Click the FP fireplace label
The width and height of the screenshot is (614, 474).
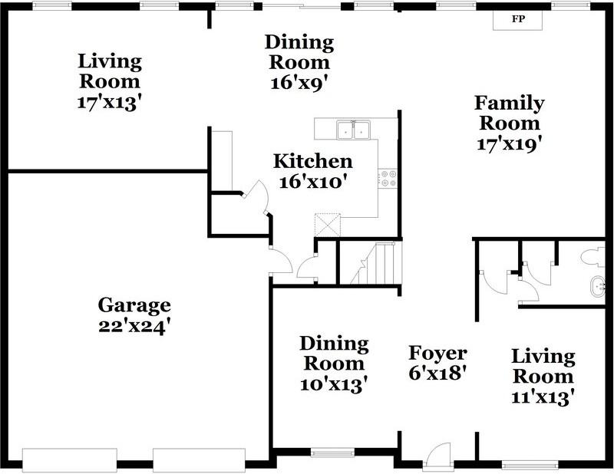click(518, 18)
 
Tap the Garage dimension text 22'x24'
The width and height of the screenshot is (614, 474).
click(135, 326)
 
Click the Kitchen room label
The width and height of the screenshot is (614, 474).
click(313, 161)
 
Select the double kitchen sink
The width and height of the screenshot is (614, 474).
click(354, 130)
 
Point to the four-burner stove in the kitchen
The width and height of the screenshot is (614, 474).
click(388, 178)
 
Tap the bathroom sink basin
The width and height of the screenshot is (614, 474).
click(597, 287)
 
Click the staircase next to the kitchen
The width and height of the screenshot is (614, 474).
click(376, 263)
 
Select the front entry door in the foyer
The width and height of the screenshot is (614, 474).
click(438, 454)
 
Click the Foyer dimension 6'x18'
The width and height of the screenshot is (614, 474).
click(437, 373)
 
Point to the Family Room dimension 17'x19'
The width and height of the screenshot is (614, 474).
click(510, 143)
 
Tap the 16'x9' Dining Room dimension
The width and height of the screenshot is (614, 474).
click(299, 83)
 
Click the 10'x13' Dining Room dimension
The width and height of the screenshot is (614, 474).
click(334, 384)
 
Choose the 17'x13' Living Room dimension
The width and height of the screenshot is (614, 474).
click(109, 103)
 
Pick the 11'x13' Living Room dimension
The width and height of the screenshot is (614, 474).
click(543, 397)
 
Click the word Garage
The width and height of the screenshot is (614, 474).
click(134, 306)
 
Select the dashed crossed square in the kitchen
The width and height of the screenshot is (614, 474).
click(328, 225)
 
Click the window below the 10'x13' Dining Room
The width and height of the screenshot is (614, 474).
click(332, 453)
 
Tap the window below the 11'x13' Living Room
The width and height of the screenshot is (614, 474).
click(530, 465)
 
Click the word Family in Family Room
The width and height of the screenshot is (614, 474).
click(510, 104)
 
